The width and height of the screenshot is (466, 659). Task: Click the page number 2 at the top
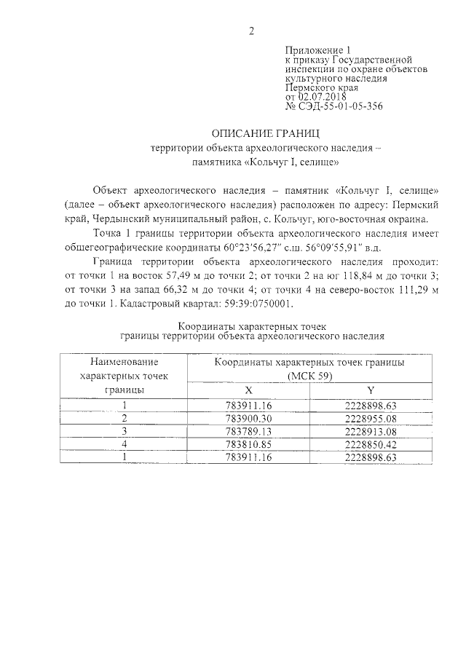pyautogui.click(x=251, y=31)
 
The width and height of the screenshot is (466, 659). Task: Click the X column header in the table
pyautogui.click(x=249, y=390)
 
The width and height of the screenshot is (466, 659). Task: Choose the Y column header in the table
pyautogui.click(x=371, y=390)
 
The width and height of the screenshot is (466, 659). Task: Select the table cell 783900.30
pyautogui.click(x=249, y=418)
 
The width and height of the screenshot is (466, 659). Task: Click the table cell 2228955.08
pyautogui.click(x=371, y=418)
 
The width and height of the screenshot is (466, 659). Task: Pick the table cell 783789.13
pyautogui.click(x=249, y=430)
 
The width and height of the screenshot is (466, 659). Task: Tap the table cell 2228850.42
pyautogui.click(x=371, y=443)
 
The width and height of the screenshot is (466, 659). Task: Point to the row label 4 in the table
pyautogui.click(x=125, y=443)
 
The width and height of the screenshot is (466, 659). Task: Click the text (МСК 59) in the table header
pyautogui.click(x=309, y=376)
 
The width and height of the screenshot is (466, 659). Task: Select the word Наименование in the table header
pyautogui.click(x=125, y=362)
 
